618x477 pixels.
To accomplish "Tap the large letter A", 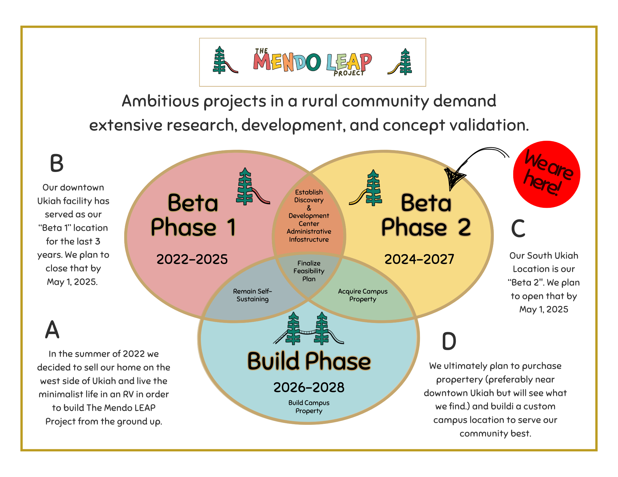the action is click(52, 329).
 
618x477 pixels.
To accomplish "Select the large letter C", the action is click(518, 228).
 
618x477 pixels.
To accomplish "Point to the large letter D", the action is click(449, 341).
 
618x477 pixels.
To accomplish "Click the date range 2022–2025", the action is click(192, 259).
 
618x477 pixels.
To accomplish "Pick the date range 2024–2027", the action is click(419, 259).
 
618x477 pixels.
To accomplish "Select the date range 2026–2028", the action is click(309, 387).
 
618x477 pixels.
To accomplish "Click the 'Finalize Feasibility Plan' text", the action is click(309, 271).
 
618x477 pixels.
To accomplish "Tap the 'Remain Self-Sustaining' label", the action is click(252, 295).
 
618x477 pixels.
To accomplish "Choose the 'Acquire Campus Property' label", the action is click(362, 295).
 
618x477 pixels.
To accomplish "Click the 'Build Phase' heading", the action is click(309, 361).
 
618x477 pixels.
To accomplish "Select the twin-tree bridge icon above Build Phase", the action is click(308, 329).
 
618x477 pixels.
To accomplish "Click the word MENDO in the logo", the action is click(287, 62).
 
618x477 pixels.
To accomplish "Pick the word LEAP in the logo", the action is click(349, 62).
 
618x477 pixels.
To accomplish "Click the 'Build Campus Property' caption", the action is click(309, 407).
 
